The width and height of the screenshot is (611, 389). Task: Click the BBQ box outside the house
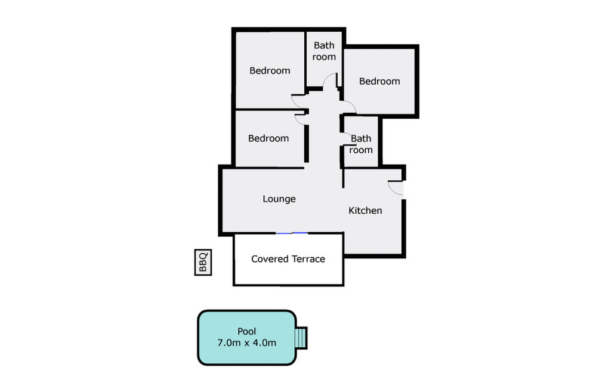pyautogui.click(x=203, y=263)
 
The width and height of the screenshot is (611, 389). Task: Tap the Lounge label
pyautogui.click(x=279, y=199)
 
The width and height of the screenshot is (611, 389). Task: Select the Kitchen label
pyautogui.click(x=365, y=211)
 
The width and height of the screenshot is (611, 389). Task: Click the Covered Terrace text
pyautogui.click(x=288, y=259)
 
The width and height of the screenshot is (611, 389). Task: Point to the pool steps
pyautogui.click(x=301, y=338)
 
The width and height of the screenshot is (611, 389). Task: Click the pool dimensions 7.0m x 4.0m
pyautogui.click(x=246, y=343)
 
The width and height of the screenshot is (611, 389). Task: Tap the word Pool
pyautogui.click(x=246, y=331)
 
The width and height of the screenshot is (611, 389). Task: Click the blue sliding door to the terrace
pyautogui.click(x=292, y=233)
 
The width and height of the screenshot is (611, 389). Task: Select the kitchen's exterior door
pyautogui.click(x=397, y=188)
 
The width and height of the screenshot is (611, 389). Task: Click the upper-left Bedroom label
pyautogui.click(x=270, y=70)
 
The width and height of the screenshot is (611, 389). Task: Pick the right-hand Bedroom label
pyautogui.click(x=379, y=81)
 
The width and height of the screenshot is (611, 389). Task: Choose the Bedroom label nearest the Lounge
pyautogui.click(x=269, y=138)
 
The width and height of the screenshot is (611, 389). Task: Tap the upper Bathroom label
pyautogui.click(x=324, y=51)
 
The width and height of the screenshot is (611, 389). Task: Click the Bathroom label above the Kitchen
pyautogui.click(x=361, y=144)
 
